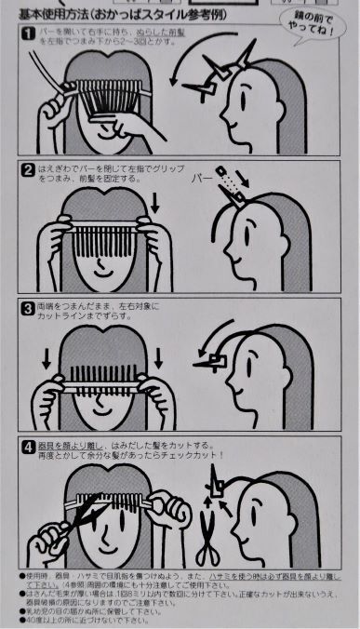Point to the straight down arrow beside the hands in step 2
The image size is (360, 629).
[154, 201]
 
